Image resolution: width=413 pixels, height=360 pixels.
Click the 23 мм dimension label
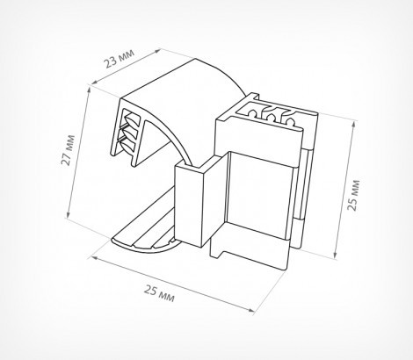[120, 58]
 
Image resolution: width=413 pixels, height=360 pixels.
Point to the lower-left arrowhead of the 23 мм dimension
[94, 83]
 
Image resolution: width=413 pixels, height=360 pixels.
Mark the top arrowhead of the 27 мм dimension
[89, 90]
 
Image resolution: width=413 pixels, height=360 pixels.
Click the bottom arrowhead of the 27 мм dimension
[68, 215]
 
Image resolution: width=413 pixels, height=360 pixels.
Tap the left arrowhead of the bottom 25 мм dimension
[94, 258]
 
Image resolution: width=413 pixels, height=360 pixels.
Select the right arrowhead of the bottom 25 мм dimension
[252, 310]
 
